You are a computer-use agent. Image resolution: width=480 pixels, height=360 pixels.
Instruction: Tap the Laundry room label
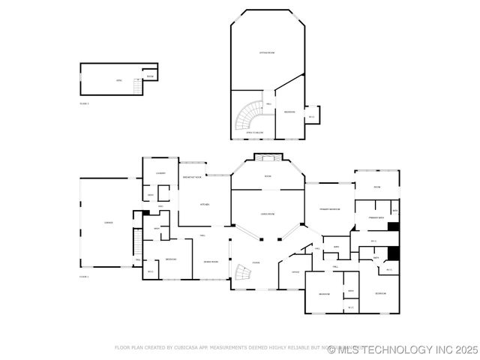[160, 173]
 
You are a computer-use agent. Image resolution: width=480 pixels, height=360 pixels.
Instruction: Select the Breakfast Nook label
[192, 177]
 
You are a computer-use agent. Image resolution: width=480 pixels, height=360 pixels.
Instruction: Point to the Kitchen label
[204, 205]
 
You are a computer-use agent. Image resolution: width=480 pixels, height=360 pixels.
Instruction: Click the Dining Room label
[211, 262]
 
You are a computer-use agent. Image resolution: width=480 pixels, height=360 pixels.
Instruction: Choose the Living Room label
[267, 214]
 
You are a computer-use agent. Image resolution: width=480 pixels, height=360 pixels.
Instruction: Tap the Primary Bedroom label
[329, 209]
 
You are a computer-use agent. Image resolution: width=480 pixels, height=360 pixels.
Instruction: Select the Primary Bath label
[376, 217]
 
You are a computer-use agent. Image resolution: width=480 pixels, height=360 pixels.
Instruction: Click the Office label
[295, 271]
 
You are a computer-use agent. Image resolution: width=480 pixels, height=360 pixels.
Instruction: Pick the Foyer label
[256, 262]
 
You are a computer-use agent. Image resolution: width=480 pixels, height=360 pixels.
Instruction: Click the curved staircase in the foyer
[241, 274]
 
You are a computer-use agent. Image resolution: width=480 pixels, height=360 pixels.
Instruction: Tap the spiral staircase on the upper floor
[249, 118]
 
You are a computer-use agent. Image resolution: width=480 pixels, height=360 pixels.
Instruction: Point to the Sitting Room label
[266, 52]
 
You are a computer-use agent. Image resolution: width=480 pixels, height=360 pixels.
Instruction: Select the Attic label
[118, 79]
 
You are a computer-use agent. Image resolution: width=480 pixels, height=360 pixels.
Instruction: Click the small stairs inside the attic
[137, 86]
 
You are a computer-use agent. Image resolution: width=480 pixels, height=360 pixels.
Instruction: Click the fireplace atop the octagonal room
[267, 157]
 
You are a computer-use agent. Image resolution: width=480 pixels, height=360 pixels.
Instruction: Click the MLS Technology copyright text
[403, 349]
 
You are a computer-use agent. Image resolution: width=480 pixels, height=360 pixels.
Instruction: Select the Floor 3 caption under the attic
[84, 103]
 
